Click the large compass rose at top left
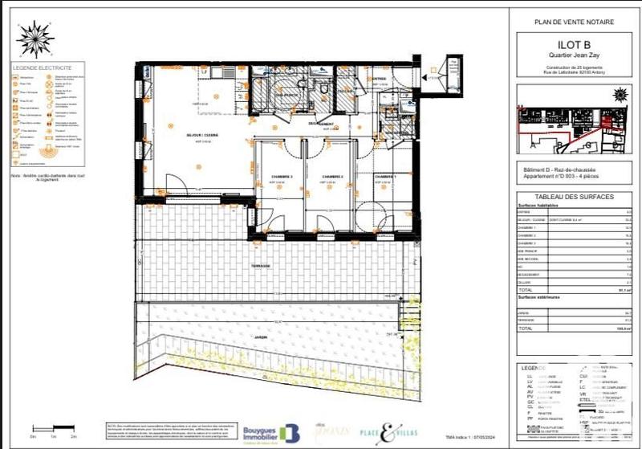[35, 38]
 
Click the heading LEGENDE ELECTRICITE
[42, 68]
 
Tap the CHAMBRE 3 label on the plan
[280, 177]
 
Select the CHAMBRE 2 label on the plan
[332, 177]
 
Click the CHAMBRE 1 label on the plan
[384, 177]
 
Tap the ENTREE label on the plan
[379, 79]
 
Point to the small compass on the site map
[619, 95]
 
